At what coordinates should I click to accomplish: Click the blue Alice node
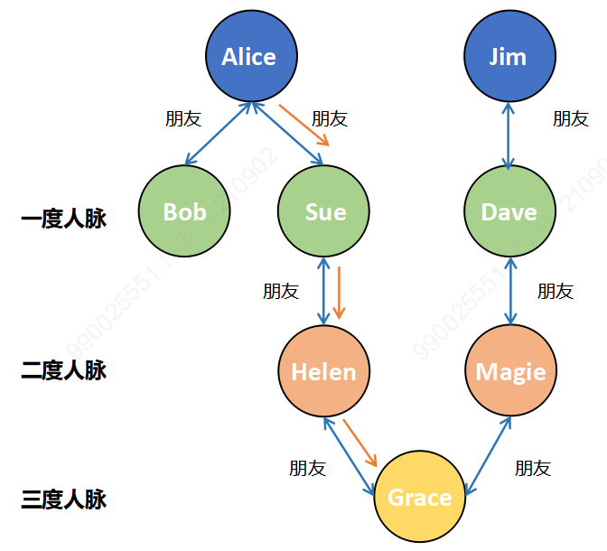pos(248,57)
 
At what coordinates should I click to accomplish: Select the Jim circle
pos(508,57)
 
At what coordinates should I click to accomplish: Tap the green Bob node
pos(184,211)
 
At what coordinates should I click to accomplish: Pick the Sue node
pos(325,211)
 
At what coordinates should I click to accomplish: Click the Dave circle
pos(509,211)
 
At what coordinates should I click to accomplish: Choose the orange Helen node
pos(323,371)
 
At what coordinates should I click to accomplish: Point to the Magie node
pos(510,371)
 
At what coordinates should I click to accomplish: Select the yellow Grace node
pos(419,497)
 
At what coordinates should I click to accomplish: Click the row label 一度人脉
pos(63,219)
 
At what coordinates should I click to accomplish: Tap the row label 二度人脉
pos(63,370)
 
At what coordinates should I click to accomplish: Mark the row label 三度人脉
pos(63,499)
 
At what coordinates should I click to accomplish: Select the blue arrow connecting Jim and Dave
pos(509,134)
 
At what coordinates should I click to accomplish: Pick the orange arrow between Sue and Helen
pos(339,292)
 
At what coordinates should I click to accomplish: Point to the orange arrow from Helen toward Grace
pos(359,442)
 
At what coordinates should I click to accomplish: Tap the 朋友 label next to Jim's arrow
pos(570,118)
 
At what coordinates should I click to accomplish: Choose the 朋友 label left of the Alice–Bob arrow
pos(182,118)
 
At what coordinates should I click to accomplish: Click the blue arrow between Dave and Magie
pos(510,291)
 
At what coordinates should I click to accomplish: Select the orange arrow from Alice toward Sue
pos(303,125)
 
